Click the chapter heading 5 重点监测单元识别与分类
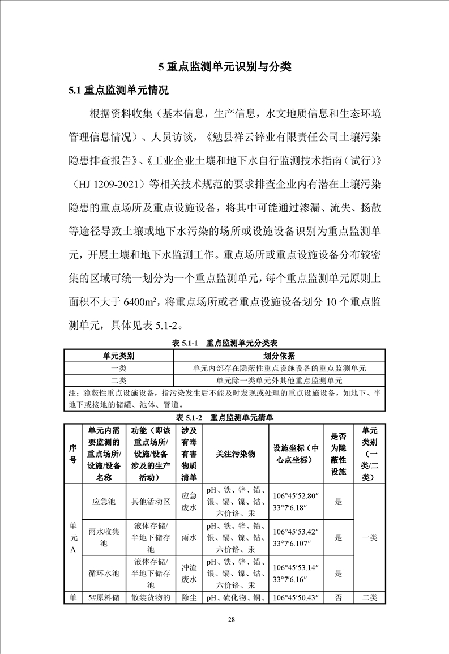224,67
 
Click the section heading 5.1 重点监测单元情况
118,90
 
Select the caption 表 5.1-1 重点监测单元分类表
224,343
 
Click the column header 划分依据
280,356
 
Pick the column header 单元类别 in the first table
118,356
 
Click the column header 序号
72,454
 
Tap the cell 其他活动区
150,501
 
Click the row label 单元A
72,537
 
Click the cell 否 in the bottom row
338,597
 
